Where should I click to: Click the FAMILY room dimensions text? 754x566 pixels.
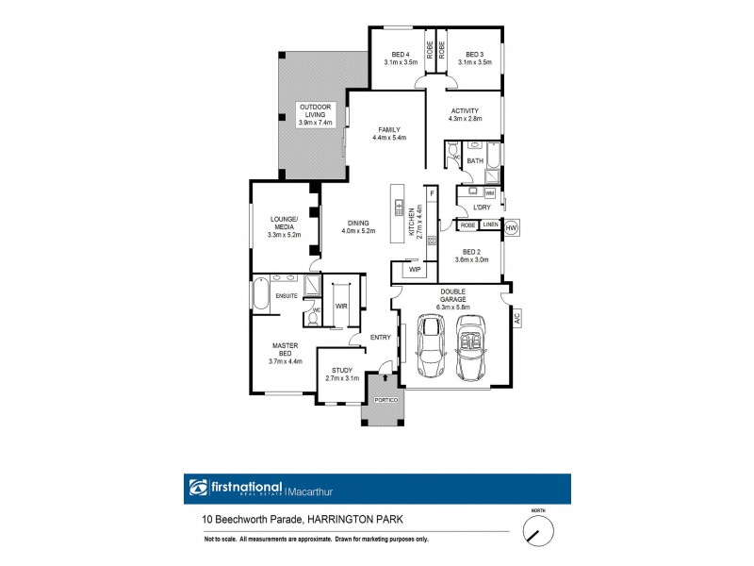pyautogui.click(x=390, y=139)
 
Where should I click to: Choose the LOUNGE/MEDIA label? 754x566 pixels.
pyautogui.click(x=284, y=223)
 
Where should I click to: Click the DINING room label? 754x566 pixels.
pyautogui.click(x=357, y=223)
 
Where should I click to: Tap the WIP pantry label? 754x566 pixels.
pyautogui.click(x=414, y=270)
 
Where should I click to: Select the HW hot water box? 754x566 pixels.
pyautogui.click(x=512, y=227)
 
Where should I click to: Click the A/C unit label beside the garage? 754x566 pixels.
pyautogui.click(x=516, y=318)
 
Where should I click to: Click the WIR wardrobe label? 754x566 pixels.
pyautogui.click(x=342, y=306)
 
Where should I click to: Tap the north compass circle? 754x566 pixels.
pyautogui.click(x=538, y=533)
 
